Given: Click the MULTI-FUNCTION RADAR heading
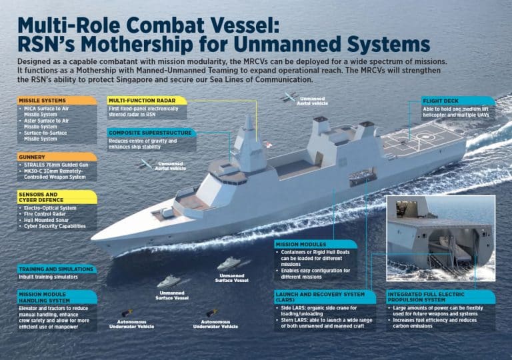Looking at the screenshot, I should pyautogui.click(x=147, y=100).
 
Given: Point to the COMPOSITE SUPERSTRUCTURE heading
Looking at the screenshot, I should pyautogui.click(x=151, y=133).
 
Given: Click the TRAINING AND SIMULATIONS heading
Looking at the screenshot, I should pyautogui.click(x=57, y=269).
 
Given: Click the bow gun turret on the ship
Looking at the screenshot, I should pyautogui.click(x=164, y=212).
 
